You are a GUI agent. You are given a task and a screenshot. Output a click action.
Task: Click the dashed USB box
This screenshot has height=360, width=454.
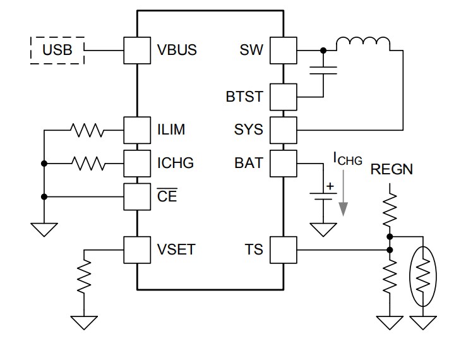pyautogui.click(x=57, y=50)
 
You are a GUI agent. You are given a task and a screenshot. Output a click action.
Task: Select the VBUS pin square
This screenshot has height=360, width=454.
pyautogui.click(x=136, y=50)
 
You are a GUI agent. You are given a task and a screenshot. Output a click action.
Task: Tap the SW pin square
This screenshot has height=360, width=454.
pyautogui.click(x=283, y=50)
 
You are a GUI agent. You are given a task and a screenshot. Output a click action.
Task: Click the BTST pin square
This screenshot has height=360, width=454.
pyautogui.click(x=283, y=97)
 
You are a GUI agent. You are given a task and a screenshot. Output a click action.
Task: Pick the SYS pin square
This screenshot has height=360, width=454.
pyautogui.click(x=283, y=130)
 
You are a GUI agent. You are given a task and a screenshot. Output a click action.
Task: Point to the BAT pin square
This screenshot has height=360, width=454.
pyautogui.click(x=283, y=163)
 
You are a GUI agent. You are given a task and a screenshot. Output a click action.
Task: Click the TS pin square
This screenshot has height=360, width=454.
pyautogui.click(x=283, y=249)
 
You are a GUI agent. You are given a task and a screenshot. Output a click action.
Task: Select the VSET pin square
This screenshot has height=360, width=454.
pyautogui.click(x=136, y=249)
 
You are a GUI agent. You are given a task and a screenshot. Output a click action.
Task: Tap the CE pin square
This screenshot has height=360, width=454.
pyautogui.click(x=136, y=196)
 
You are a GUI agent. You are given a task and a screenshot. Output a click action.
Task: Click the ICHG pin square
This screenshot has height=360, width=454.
pyautogui.click(x=136, y=163)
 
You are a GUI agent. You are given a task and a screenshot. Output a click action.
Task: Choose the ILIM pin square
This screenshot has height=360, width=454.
pyautogui.click(x=136, y=130)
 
